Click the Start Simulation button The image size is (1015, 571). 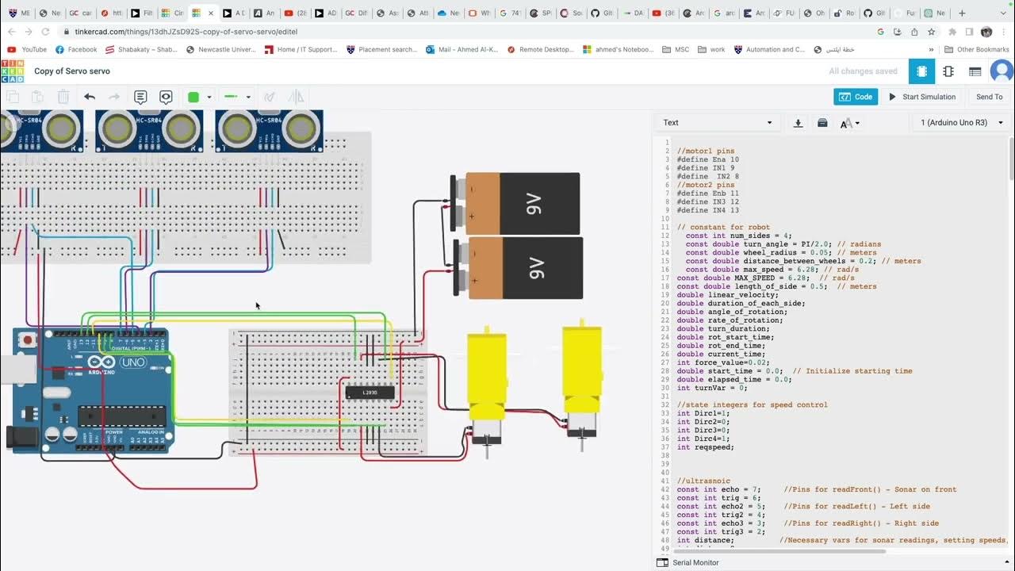pyautogui.click(x=921, y=97)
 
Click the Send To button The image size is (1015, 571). pyautogui.click(x=989, y=97)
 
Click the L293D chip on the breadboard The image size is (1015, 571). pyautogui.click(x=370, y=392)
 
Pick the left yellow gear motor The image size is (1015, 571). pyautogui.click(x=485, y=377)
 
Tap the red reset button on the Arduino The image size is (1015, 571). pyautogui.click(x=29, y=341)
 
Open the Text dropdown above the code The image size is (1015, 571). pyautogui.click(x=717, y=123)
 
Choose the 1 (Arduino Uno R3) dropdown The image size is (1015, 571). pyautogui.click(x=961, y=123)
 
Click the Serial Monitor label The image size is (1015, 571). pyautogui.click(x=695, y=562)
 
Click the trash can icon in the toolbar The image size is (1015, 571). pyautogui.click(x=63, y=97)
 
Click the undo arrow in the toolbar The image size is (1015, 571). pyautogui.click(x=90, y=97)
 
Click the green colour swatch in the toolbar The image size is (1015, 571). pyautogui.click(x=193, y=97)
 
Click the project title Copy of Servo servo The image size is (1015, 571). pyautogui.click(x=72, y=71)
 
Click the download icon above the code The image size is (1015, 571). pyautogui.click(x=799, y=123)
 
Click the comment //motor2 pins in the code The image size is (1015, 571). pyautogui.click(x=705, y=185)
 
